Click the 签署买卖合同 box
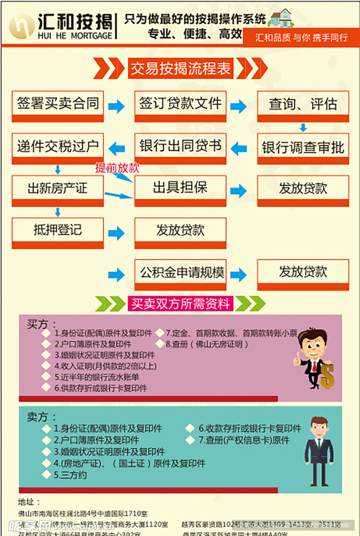click(58, 105)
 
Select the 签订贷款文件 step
click(180, 105)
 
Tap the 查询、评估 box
click(303, 105)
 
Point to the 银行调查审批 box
click(303, 148)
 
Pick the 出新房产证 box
click(58, 189)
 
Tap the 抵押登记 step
click(58, 230)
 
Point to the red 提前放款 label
click(117, 168)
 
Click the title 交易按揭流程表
click(180, 69)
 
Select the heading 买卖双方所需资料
click(180, 304)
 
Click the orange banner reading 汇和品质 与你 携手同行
click(301, 38)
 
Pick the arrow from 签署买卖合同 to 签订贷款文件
click(116, 106)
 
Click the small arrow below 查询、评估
click(303, 128)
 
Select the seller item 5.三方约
click(70, 475)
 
